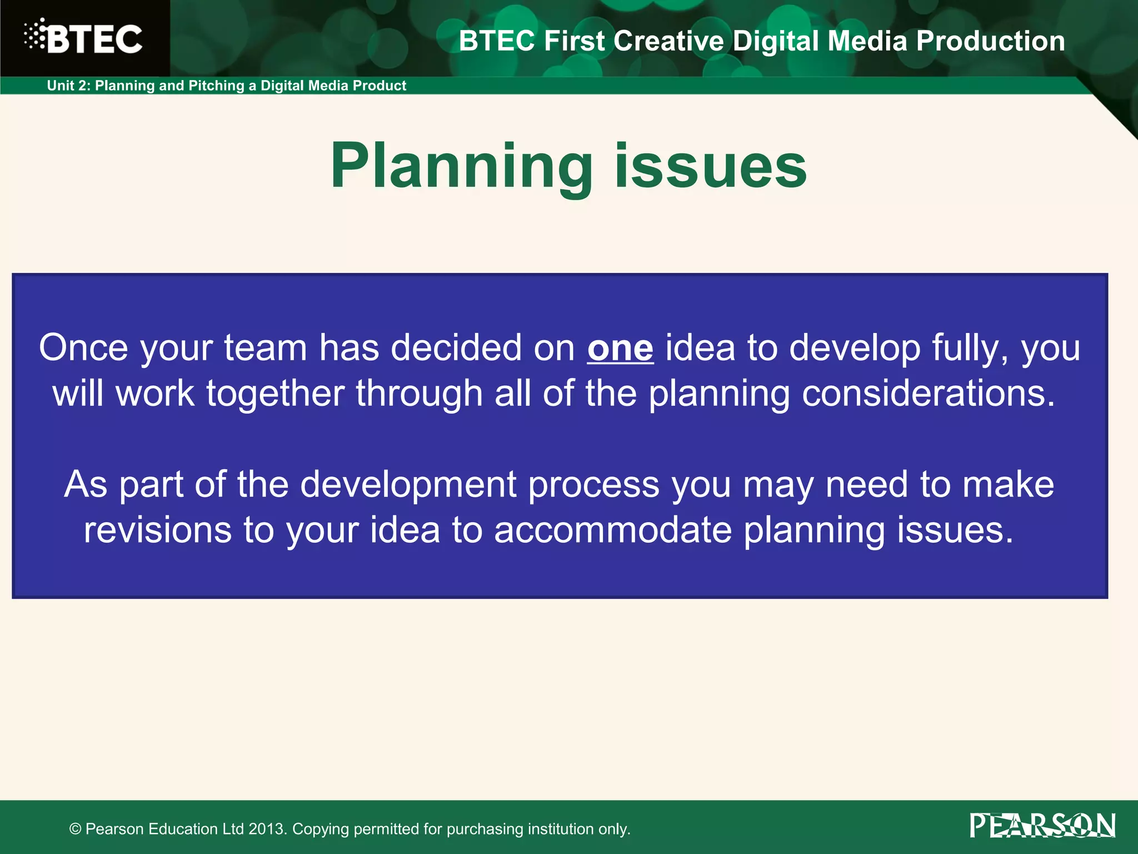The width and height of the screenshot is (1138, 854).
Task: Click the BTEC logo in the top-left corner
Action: [83, 38]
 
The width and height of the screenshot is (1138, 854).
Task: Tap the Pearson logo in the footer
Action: [1042, 826]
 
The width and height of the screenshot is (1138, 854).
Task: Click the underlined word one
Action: [620, 349]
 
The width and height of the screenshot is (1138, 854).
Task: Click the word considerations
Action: [928, 394]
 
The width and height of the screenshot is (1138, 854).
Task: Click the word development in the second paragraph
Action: [408, 484]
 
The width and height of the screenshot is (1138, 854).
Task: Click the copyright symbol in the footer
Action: [76, 829]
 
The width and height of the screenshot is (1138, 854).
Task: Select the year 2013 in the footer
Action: [267, 829]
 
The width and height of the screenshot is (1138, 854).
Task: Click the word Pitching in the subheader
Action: [217, 86]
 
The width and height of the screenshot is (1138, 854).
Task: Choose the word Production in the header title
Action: [990, 41]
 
